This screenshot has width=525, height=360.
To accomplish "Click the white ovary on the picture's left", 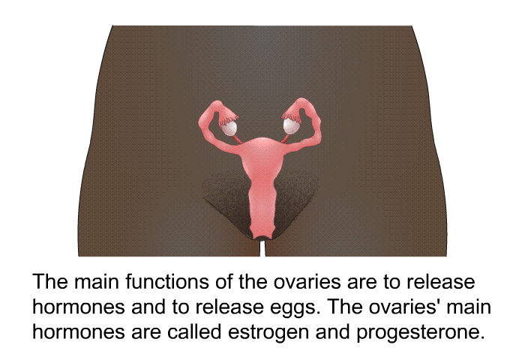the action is (x=229, y=128).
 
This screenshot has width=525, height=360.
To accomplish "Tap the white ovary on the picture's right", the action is (x=291, y=126).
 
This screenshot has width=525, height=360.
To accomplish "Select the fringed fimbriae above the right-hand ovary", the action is (x=291, y=115).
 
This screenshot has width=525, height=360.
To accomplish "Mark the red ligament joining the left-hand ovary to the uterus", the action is (x=238, y=138).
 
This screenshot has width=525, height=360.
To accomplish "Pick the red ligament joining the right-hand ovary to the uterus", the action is (x=285, y=138).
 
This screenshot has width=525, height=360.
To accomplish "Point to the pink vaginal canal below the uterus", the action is (x=262, y=208).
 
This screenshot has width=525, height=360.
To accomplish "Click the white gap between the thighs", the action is (x=262, y=247).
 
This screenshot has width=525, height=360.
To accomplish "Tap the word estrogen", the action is (x=268, y=332).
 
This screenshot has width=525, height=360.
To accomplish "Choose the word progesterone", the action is (x=421, y=333).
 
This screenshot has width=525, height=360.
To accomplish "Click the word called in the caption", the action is (x=194, y=331).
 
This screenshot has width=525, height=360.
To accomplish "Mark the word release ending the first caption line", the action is (x=441, y=282).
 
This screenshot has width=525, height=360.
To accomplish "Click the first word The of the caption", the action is (x=50, y=282).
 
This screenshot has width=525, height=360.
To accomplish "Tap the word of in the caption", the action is (x=223, y=282).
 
